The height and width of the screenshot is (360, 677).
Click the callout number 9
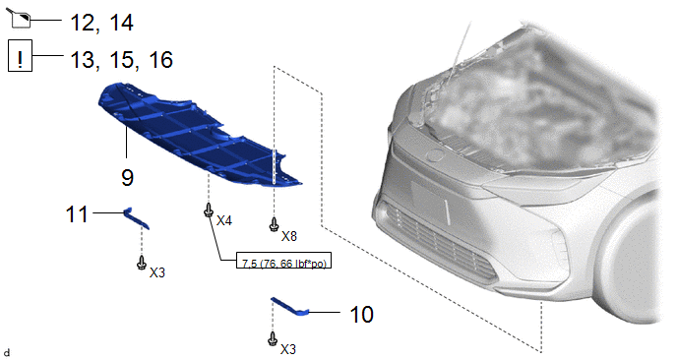pyautogui.click(x=127, y=177)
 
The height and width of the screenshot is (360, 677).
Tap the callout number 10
pyautogui.click(x=361, y=315)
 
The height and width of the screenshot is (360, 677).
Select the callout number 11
pyautogui.click(x=77, y=214)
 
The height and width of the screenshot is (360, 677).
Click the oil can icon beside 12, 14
pyautogui.click(x=20, y=18)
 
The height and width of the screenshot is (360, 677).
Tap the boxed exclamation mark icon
pyautogui.click(x=20, y=56)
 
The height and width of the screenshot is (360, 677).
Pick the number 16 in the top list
pyautogui.click(x=160, y=60)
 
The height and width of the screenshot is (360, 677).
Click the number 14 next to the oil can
pyautogui.click(x=121, y=23)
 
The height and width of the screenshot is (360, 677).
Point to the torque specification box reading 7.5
pyautogui.click(x=283, y=260)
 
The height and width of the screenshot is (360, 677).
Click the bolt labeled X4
pyautogui.click(x=209, y=210)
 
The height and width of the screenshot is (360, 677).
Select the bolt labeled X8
pyautogui.click(x=274, y=224)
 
